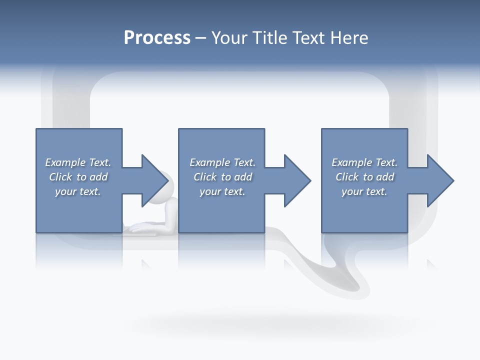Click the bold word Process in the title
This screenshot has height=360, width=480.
click(x=157, y=38)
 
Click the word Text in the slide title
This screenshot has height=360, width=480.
click(x=308, y=38)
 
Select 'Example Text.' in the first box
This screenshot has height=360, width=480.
click(x=78, y=162)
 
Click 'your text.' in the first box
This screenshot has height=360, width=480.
click(x=78, y=191)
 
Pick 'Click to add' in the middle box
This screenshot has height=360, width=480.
click(x=222, y=177)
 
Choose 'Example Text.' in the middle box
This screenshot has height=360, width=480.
click(x=222, y=162)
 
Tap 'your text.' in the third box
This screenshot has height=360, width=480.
click(x=364, y=191)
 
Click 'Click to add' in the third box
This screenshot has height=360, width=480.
click(x=364, y=177)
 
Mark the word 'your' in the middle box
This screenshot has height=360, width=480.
click(x=209, y=191)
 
